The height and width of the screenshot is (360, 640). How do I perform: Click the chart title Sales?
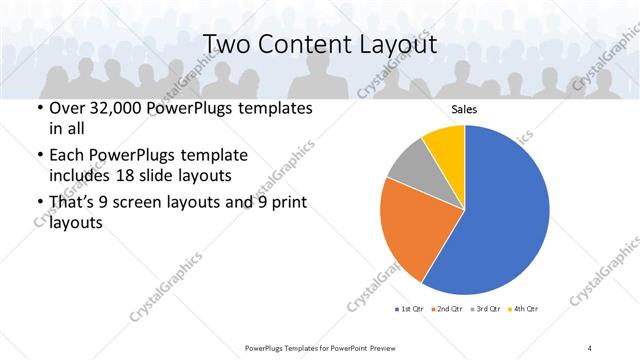(464, 110)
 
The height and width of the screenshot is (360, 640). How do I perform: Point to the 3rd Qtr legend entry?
(487, 309)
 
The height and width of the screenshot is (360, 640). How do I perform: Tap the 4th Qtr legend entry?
(524, 309)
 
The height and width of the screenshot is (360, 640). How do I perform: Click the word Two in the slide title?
(227, 44)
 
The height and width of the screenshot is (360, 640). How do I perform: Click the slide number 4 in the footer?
(590, 347)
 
